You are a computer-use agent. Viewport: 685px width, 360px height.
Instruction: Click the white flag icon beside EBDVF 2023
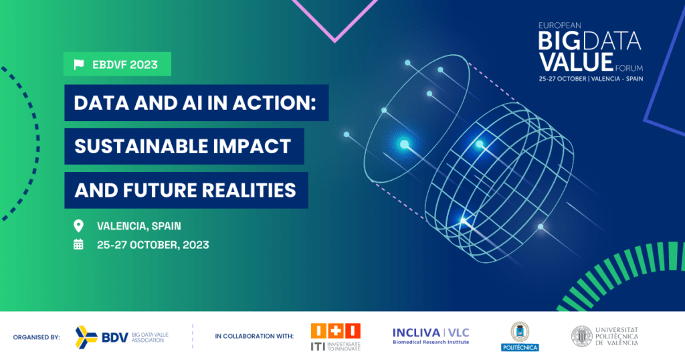[x=79, y=65]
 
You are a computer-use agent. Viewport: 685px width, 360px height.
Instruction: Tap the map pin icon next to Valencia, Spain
[x=78, y=226]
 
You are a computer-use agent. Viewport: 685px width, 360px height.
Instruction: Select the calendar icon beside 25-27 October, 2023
[x=78, y=244]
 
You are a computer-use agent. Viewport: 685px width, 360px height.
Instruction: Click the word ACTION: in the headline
[x=274, y=103]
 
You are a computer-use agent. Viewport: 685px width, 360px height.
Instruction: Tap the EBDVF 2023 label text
[x=125, y=65]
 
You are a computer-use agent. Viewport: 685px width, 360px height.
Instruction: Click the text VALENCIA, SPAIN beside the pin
[x=139, y=226]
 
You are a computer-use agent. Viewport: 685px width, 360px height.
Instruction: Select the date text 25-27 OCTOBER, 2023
[x=153, y=245]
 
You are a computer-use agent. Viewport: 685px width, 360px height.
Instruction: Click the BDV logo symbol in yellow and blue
[x=86, y=337]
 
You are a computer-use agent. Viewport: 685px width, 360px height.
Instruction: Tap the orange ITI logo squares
[x=336, y=331]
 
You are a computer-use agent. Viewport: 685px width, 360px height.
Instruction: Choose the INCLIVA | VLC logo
[x=431, y=336]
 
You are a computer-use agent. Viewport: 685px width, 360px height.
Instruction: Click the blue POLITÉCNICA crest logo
[x=520, y=337]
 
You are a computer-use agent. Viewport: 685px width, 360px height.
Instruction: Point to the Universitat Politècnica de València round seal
[x=581, y=337]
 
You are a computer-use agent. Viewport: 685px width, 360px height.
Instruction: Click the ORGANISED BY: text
[x=36, y=337]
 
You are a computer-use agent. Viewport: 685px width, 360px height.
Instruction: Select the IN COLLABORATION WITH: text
[x=254, y=337]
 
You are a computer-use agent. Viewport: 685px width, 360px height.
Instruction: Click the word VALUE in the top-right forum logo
[x=576, y=62]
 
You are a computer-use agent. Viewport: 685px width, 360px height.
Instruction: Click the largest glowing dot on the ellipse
[x=405, y=144]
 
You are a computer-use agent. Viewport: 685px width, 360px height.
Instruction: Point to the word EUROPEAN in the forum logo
[x=560, y=26]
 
